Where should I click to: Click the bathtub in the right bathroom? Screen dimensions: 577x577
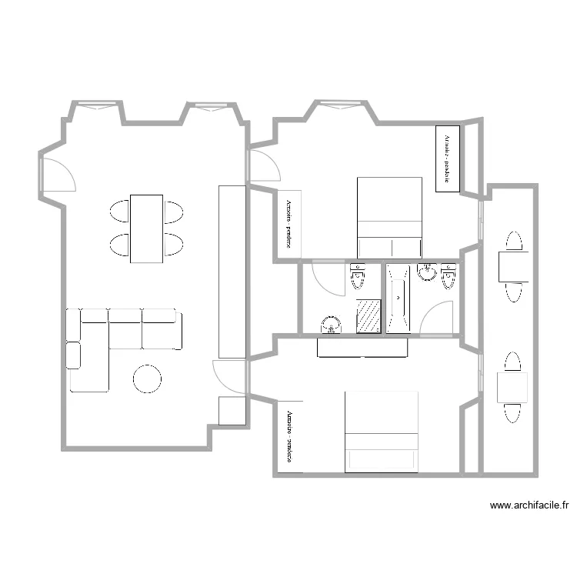coord(399,299)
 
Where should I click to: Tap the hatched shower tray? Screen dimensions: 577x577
coord(369,316)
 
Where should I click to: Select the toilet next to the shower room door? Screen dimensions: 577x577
coord(358,276)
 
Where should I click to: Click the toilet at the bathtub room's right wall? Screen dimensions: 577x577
coord(449,275)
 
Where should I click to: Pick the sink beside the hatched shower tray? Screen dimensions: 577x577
coord(332,325)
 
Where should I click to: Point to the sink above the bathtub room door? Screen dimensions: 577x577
coord(427,272)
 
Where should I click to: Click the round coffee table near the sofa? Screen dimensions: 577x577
coord(147,379)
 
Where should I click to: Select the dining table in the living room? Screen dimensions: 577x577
coord(146,228)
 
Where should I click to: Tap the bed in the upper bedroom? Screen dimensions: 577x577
coord(390,217)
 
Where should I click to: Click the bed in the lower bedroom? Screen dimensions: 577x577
coord(381,432)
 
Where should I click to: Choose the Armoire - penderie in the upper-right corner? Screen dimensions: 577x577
coord(447,158)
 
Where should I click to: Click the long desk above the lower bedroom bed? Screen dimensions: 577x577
coord(362,348)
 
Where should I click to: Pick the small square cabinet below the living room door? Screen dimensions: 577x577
coord(232,411)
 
